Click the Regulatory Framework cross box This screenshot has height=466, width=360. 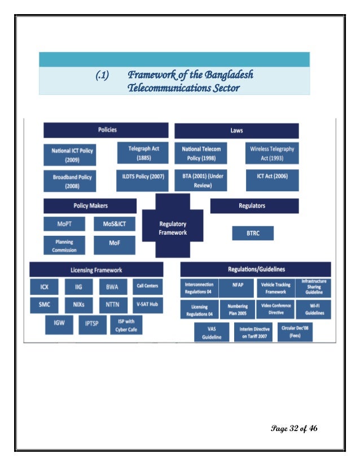click(x=173, y=228)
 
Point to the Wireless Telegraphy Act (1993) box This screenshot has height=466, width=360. click(x=272, y=152)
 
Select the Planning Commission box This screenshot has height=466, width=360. click(x=65, y=245)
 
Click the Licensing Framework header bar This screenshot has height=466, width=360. click(x=96, y=270)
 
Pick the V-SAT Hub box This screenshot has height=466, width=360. click(x=147, y=305)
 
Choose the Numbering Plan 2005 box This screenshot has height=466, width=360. click(x=237, y=308)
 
